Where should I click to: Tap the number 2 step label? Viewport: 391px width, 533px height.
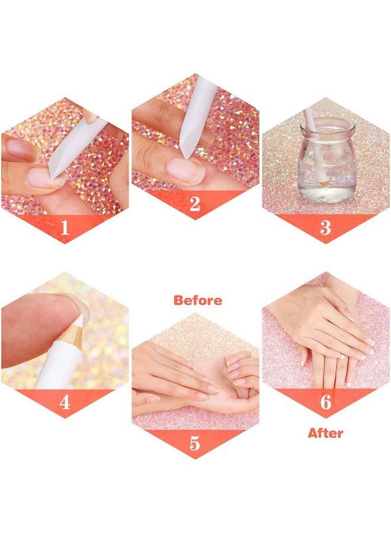click(x=195, y=205)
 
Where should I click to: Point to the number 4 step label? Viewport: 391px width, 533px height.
click(x=65, y=403)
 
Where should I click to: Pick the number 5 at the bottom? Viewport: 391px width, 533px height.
click(x=195, y=444)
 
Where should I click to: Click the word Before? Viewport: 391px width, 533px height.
click(x=198, y=300)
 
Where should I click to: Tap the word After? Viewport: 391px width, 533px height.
click(x=325, y=434)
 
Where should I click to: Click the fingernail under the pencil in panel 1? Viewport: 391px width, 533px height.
click(x=44, y=176)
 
